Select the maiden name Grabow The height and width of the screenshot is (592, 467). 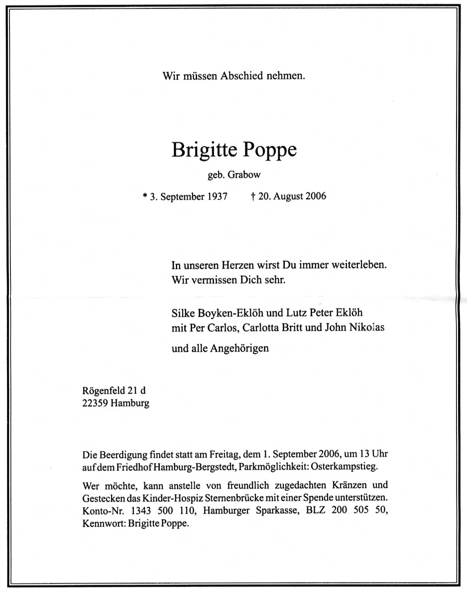[x=246, y=175]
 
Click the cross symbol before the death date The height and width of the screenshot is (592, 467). [x=253, y=196]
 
